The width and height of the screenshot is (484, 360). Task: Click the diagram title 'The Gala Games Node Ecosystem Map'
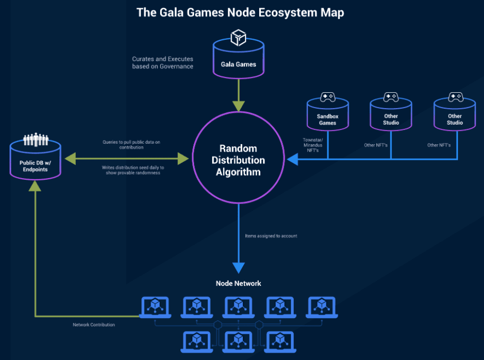coord(240,13)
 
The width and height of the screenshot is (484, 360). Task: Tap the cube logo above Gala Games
coord(239,37)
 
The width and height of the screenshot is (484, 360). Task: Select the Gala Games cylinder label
coord(239,64)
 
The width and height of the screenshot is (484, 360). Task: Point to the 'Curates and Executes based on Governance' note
coord(163,63)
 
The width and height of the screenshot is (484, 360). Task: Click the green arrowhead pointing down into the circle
coord(239,106)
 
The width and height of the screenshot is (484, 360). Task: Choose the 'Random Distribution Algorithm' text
coord(239,160)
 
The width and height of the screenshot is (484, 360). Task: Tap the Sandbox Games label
coord(328,119)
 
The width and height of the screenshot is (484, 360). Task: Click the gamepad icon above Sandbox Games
coord(328,97)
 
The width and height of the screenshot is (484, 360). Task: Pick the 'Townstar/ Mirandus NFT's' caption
coord(313,145)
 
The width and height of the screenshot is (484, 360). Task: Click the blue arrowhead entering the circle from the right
coord(292,159)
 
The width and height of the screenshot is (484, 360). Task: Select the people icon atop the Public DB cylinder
coord(36,139)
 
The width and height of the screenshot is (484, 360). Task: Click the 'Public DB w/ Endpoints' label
coord(35,166)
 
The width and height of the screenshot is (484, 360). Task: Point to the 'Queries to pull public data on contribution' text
coord(131,145)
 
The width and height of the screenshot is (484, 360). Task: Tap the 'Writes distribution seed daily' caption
coord(133,170)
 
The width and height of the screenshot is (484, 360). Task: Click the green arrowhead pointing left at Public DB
coord(71,159)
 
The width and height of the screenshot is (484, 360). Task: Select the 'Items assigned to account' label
coord(271,236)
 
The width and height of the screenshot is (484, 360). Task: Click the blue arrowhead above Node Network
coord(239,268)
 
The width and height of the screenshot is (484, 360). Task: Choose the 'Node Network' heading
coord(239,284)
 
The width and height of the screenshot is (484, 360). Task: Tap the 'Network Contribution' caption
coord(94,325)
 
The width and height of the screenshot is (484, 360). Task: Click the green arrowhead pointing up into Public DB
coord(35,186)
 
